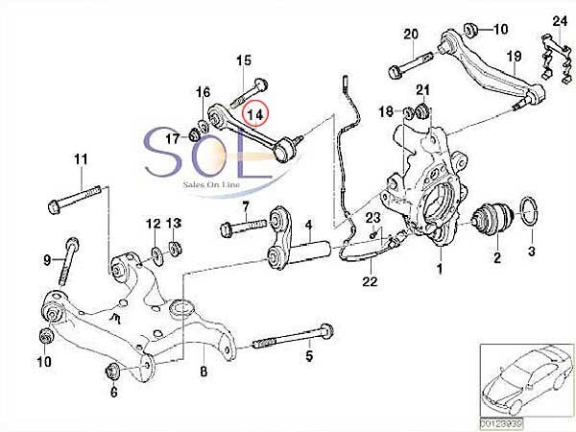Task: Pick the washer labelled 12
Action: tap(156, 253)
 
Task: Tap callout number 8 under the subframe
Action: tap(203, 371)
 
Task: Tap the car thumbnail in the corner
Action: tap(524, 379)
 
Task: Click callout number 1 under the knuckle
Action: tap(440, 270)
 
